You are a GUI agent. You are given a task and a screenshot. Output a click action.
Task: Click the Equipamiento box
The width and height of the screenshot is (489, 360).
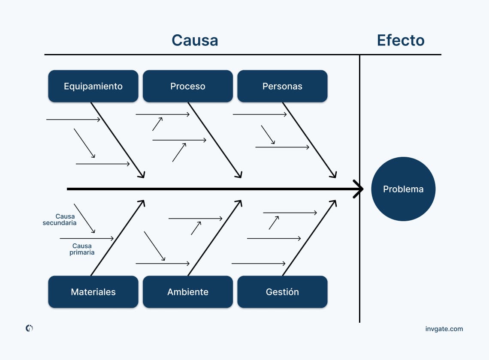93,86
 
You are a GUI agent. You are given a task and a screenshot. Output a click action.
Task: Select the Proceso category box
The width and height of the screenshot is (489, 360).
188,86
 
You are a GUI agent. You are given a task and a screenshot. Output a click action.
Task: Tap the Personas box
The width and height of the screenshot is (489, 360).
282,86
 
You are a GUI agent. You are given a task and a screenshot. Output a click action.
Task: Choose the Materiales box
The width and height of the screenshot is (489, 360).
93,292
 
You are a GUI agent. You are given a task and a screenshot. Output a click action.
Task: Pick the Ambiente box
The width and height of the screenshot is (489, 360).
188,292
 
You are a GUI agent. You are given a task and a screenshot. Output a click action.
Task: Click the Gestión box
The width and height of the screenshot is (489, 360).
282,292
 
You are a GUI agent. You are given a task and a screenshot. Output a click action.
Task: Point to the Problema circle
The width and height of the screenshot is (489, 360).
403,189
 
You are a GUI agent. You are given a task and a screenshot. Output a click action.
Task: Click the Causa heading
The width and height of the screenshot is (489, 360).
195,40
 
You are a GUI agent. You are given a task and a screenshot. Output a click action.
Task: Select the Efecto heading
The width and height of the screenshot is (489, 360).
401,40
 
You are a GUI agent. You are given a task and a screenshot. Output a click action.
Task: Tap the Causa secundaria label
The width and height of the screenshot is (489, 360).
60,220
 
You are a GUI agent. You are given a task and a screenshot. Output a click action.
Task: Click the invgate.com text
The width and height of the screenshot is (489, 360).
444,329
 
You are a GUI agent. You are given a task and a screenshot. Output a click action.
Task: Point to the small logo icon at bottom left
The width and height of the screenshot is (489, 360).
29,328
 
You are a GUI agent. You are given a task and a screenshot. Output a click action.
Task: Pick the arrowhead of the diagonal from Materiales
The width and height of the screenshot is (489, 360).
143,201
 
